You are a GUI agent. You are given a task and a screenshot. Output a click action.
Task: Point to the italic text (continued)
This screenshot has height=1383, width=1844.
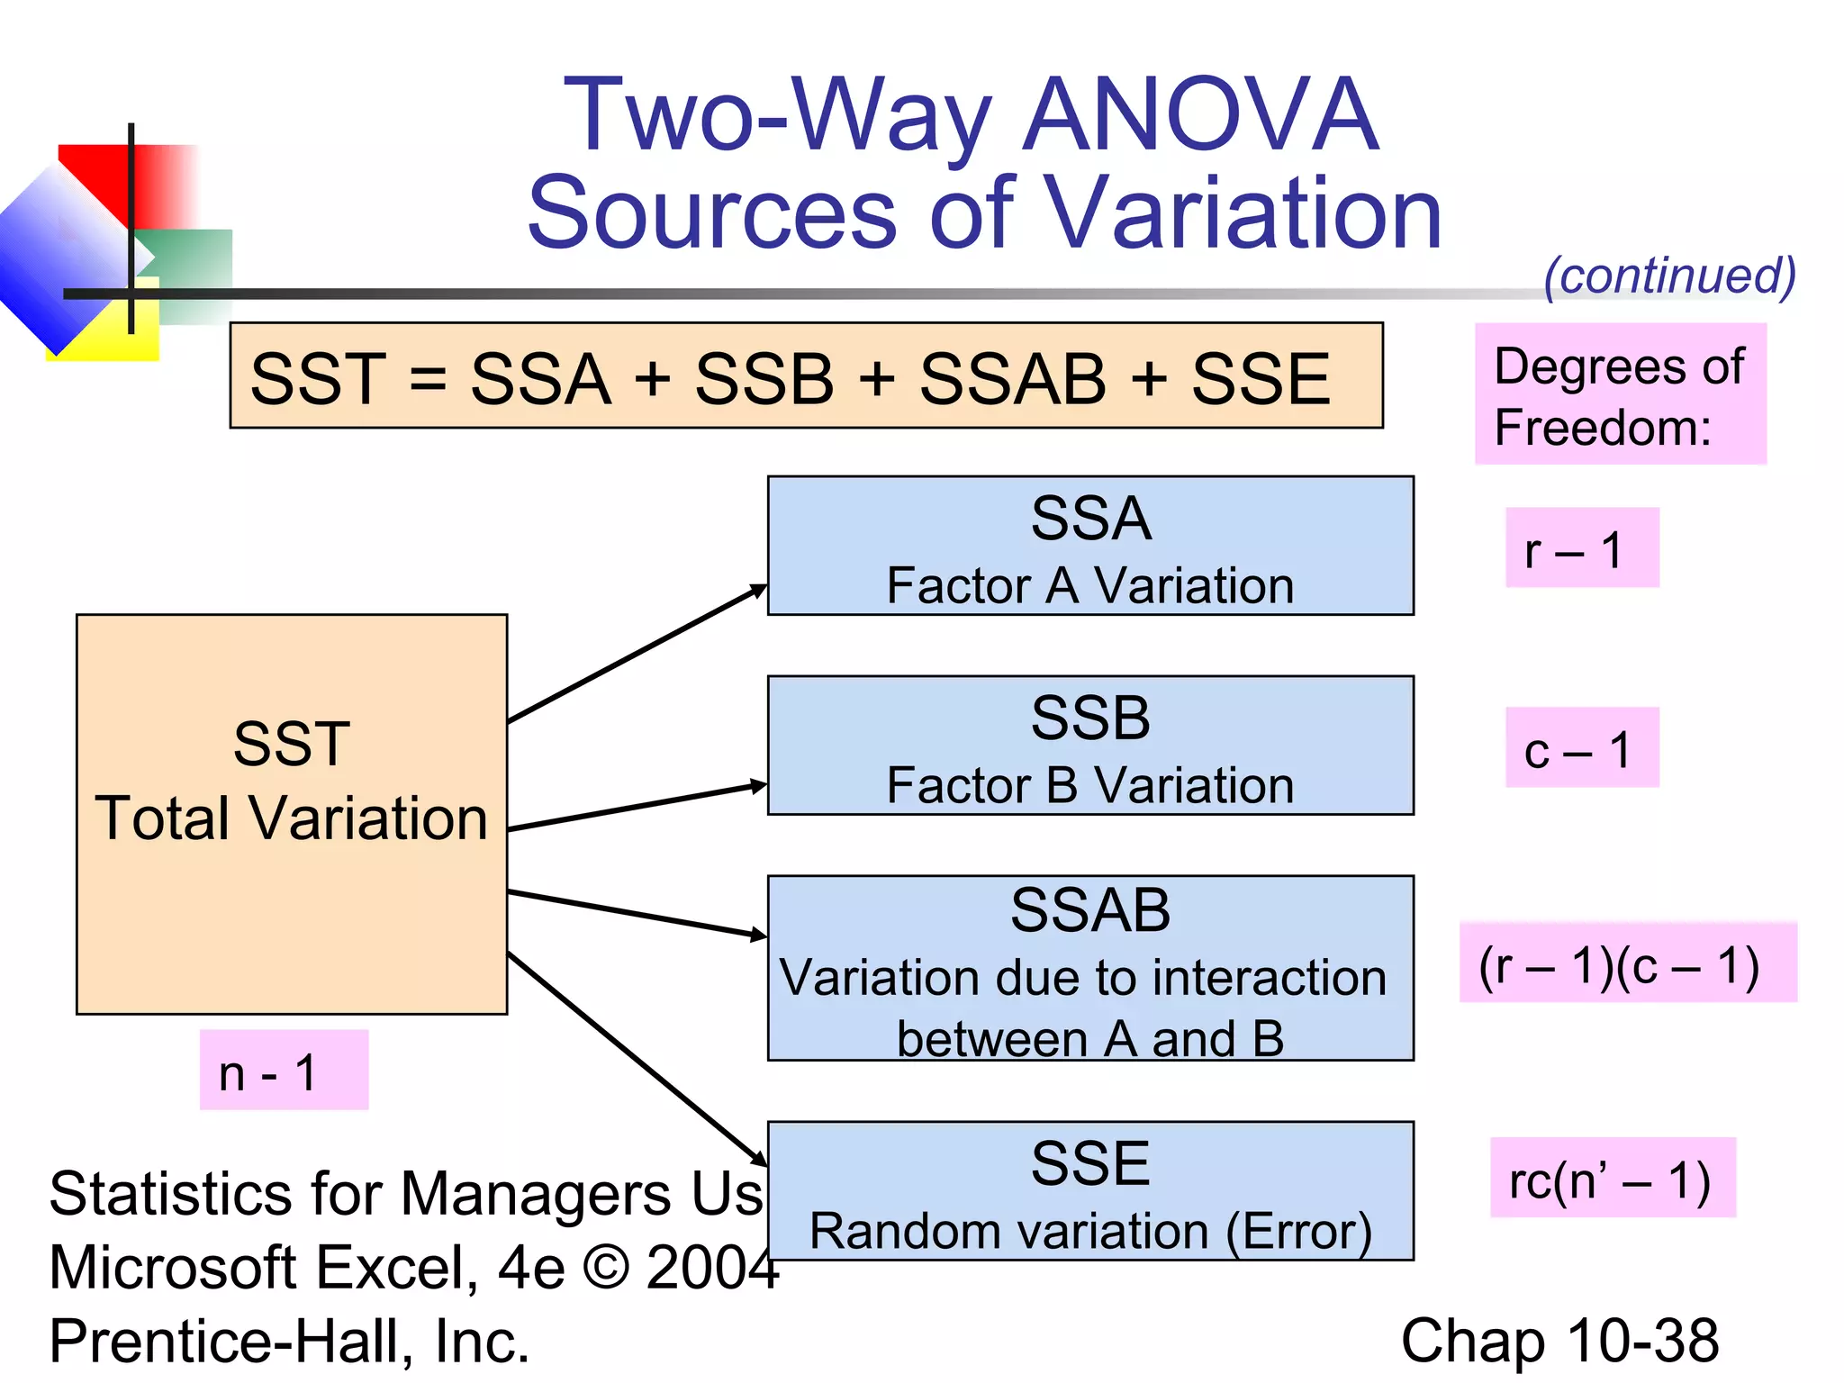(1669, 276)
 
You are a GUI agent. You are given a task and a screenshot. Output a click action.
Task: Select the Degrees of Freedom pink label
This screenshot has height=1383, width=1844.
(1619, 395)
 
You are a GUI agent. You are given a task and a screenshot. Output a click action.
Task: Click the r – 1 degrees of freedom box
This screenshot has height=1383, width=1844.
(1581, 548)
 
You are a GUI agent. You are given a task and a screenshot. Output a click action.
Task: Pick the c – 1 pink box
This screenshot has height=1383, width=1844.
(1581, 748)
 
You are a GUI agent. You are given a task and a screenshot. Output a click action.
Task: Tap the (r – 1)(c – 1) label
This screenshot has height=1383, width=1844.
(1626, 963)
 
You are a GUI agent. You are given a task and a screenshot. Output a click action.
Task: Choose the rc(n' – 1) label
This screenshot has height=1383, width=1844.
(1612, 1179)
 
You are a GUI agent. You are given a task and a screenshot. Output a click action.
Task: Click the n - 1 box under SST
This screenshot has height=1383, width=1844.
(283, 1071)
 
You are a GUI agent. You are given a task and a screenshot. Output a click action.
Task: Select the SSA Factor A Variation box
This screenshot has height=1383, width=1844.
(1089, 547)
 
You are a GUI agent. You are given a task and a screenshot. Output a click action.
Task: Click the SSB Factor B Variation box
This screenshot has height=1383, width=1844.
(1089, 746)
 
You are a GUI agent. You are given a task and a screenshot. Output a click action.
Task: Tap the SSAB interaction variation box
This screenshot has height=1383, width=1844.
(1089, 969)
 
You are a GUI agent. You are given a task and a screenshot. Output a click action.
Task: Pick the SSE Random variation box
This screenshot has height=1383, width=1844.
(1089, 1191)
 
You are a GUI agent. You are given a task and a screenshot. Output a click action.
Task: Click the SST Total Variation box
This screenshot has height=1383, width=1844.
(291, 814)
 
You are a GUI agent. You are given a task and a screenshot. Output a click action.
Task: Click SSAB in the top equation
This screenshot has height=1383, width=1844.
(1012, 378)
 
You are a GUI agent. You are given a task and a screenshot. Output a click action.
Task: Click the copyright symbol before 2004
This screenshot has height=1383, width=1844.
(605, 1268)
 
